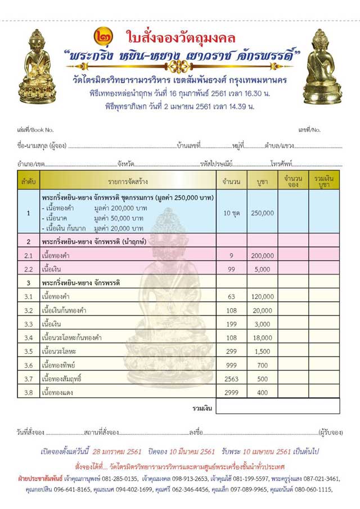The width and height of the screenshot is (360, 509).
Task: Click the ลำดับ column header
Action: coord(28,181)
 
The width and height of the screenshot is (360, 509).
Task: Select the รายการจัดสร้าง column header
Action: coord(128,181)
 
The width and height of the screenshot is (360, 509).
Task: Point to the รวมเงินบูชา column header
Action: coord(323,181)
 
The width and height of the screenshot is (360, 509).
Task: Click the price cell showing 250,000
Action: coord(262,213)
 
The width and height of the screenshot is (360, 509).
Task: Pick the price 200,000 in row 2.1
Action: coord(262,255)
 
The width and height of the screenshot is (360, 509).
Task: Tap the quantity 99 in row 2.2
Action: coord(232,269)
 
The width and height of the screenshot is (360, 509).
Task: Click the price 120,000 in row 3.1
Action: coord(262,296)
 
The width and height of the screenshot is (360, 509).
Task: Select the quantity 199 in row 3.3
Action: coord(232,324)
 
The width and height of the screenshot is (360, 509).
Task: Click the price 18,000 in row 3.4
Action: coord(262,338)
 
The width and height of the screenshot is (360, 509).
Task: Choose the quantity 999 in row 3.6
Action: coord(232,366)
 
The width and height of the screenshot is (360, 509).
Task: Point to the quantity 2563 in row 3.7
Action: coord(232,379)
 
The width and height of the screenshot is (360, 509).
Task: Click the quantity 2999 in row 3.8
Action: coord(232,393)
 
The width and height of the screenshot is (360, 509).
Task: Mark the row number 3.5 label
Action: coord(28,352)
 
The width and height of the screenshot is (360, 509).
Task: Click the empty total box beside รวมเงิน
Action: coord(308,407)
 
